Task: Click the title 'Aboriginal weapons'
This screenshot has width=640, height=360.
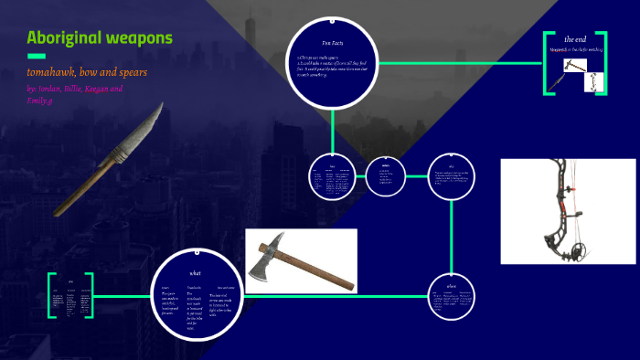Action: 100,38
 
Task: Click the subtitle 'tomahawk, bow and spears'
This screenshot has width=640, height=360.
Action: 88,72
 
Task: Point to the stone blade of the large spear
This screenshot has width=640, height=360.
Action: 146,129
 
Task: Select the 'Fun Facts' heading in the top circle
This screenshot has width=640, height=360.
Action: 332,43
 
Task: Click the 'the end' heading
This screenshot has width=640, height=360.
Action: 575,39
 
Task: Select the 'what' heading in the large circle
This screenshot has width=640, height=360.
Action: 195,272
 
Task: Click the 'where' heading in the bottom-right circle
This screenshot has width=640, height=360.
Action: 451,286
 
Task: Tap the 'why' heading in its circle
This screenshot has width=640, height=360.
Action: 451,165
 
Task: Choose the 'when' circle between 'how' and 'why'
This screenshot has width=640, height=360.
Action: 385,176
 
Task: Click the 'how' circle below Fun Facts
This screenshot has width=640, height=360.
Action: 333,177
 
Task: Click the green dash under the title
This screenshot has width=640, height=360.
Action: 37,57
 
